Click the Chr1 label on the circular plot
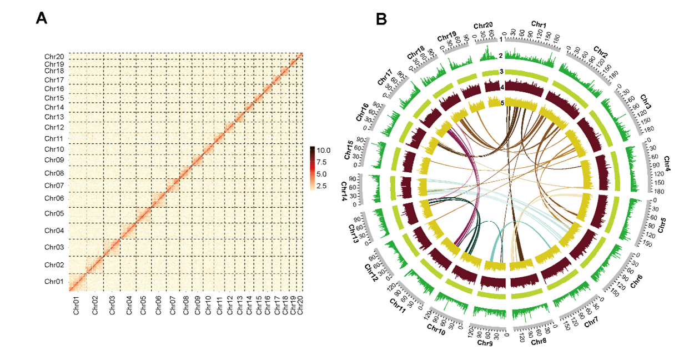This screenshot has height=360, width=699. click(x=539, y=24)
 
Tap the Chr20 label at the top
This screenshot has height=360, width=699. click(x=483, y=26)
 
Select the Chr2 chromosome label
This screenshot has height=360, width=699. click(x=600, y=52)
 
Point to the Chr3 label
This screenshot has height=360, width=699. click(x=645, y=102)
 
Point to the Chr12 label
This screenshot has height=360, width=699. click(x=370, y=272)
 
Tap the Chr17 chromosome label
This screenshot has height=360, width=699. click(x=385, y=77)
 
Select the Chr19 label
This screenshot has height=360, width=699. click(x=446, y=37)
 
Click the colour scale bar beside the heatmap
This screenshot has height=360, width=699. click(x=313, y=168)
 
